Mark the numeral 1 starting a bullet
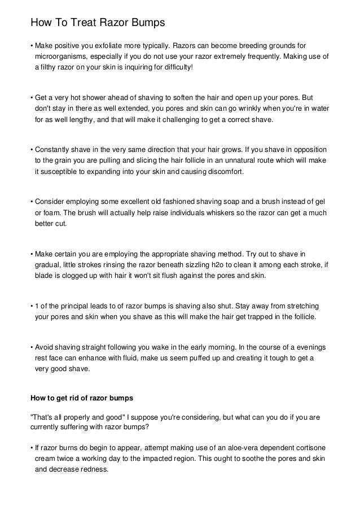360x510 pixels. point(37,306)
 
